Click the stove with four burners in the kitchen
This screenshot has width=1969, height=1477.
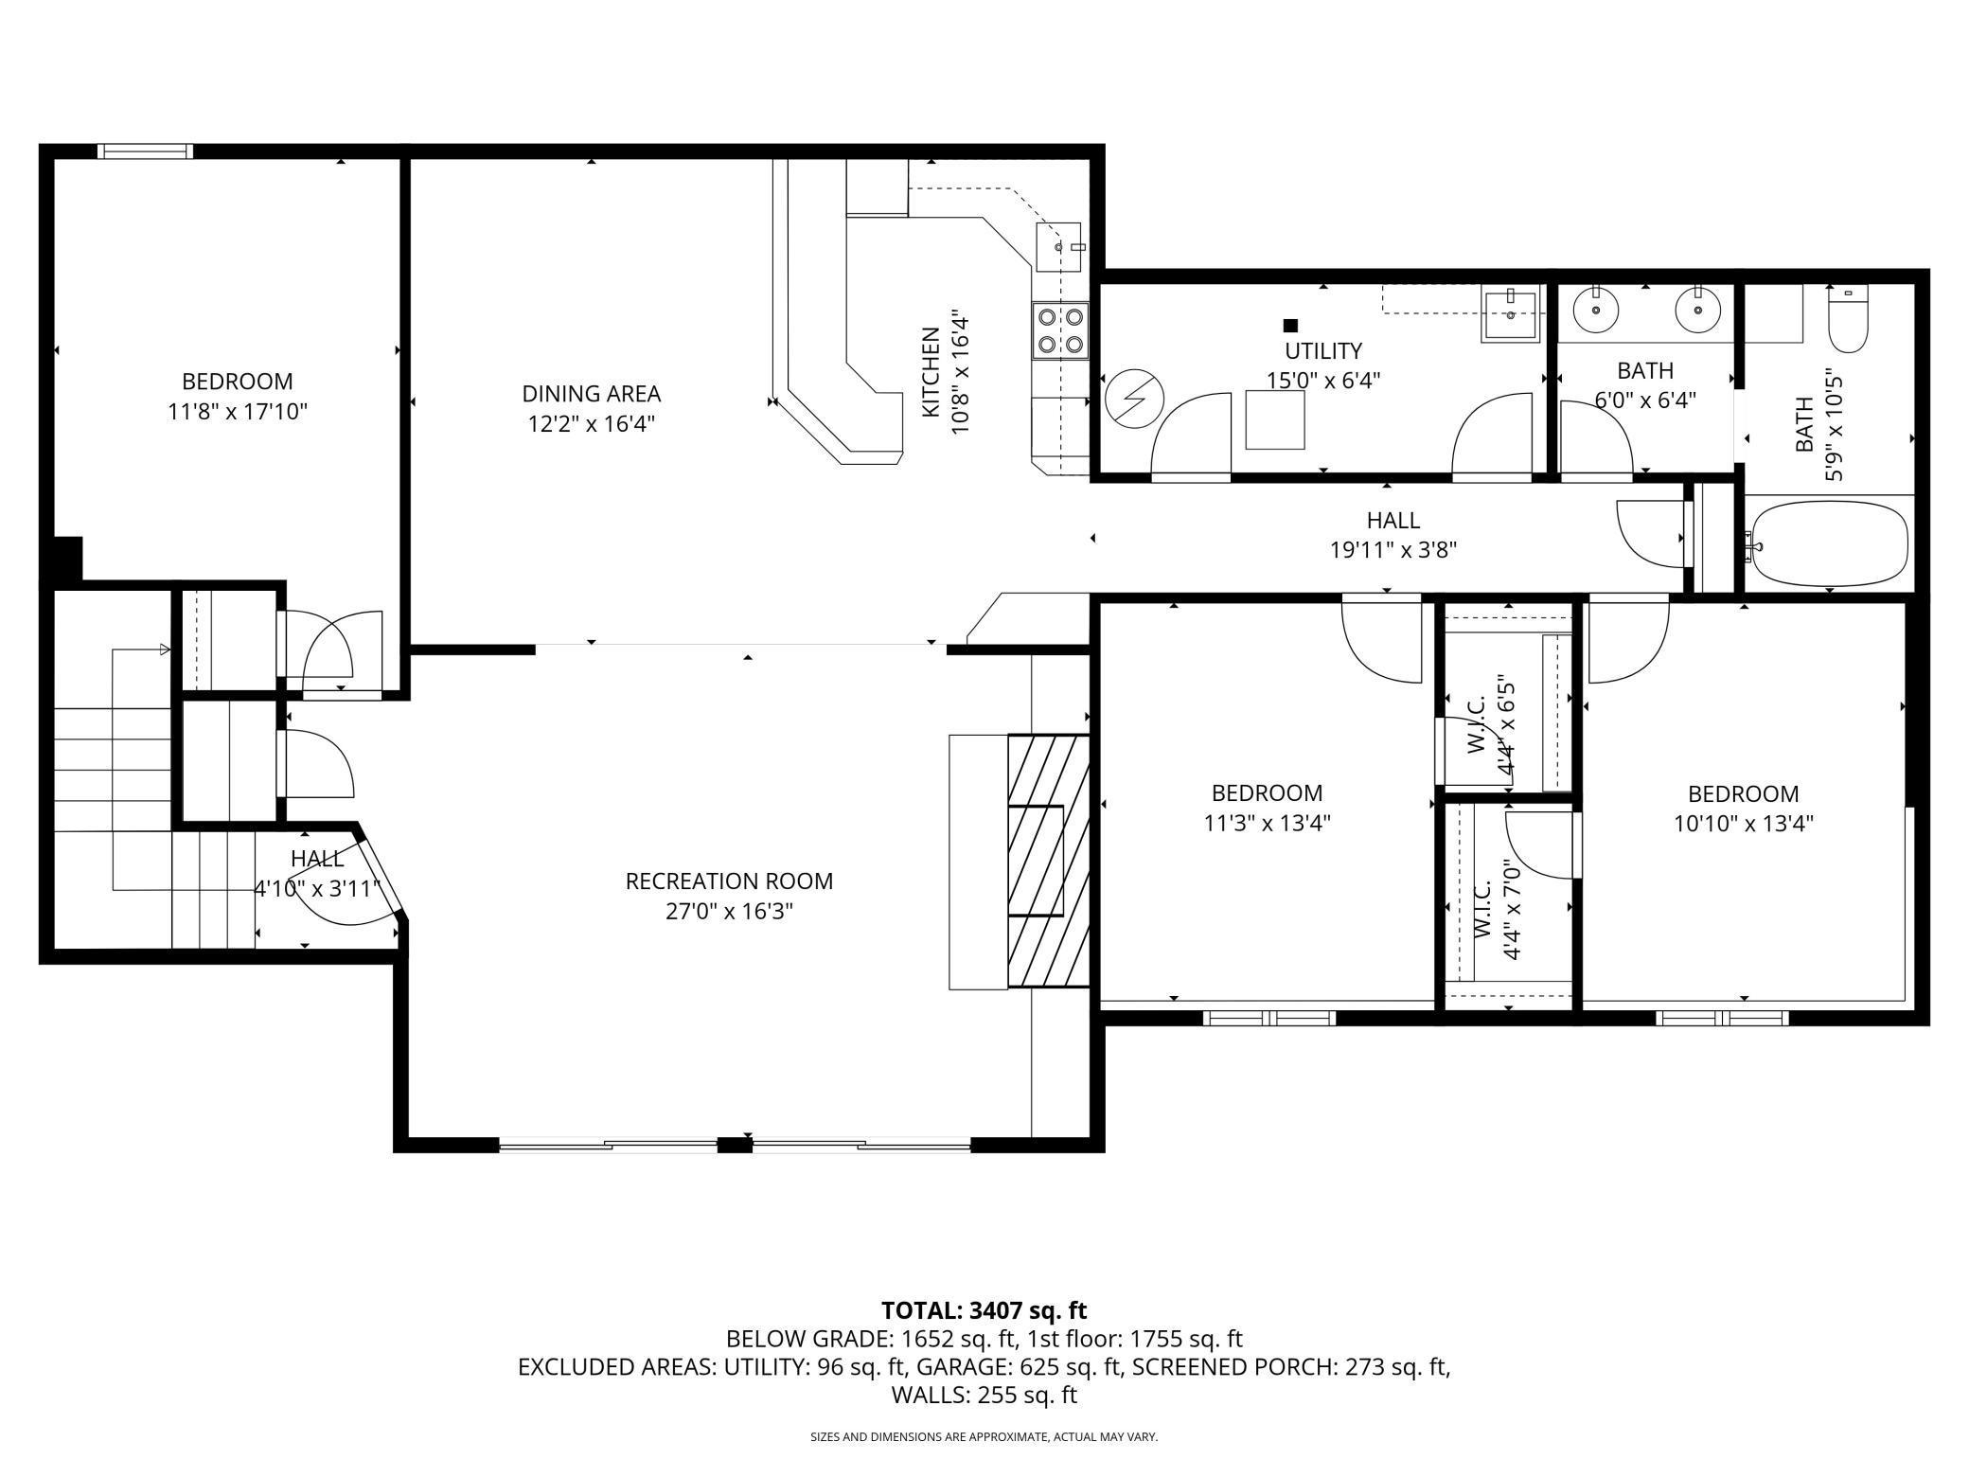click(x=1059, y=330)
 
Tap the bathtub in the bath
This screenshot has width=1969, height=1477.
click(x=1828, y=543)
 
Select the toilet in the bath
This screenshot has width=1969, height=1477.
click(x=1847, y=319)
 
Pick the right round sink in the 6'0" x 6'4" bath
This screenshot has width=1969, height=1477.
click(x=1698, y=309)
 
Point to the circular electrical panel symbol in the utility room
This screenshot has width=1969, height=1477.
click(x=1132, y=400)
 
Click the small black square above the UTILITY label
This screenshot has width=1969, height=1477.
click(x=1289, y=326)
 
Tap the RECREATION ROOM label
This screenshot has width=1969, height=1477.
click(x=729, y=881)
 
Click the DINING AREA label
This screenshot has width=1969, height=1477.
click(x=592, y=394)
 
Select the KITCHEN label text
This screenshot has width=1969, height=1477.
click(x=931, y=372)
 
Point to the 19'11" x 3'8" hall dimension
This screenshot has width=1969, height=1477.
click(x=1393, y=550)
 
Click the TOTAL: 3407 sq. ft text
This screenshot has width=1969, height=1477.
click(x=984, y=1310)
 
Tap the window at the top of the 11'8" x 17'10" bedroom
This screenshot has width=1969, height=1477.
click(x=146, y=151)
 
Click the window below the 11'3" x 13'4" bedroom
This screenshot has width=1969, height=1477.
click(x=1268, y=1019)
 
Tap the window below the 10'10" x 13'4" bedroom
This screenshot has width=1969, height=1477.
click(x=1722, y=1019)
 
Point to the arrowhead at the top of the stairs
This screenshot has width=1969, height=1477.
click(x=165, y=650)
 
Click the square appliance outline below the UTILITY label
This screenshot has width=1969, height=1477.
click(x=1275, y=419)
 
